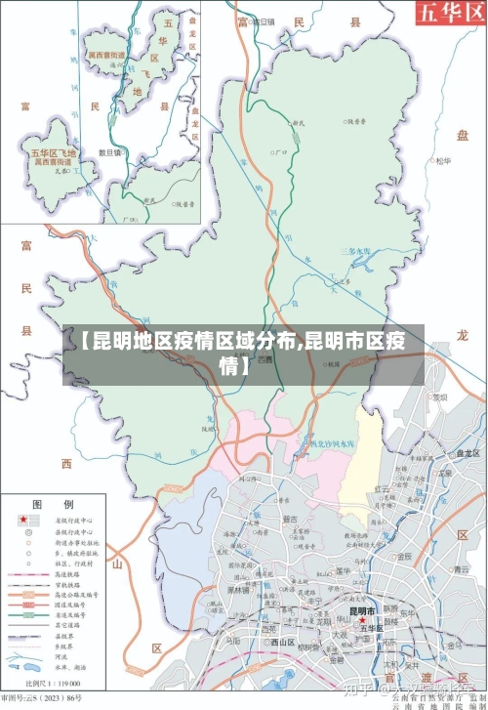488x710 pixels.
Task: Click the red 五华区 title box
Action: pyautogui.click(x=450, y=13)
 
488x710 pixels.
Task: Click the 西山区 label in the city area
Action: pyautogui.click(x=283, y=643)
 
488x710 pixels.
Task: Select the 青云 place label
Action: pyautogui.click(x=460, y=569)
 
